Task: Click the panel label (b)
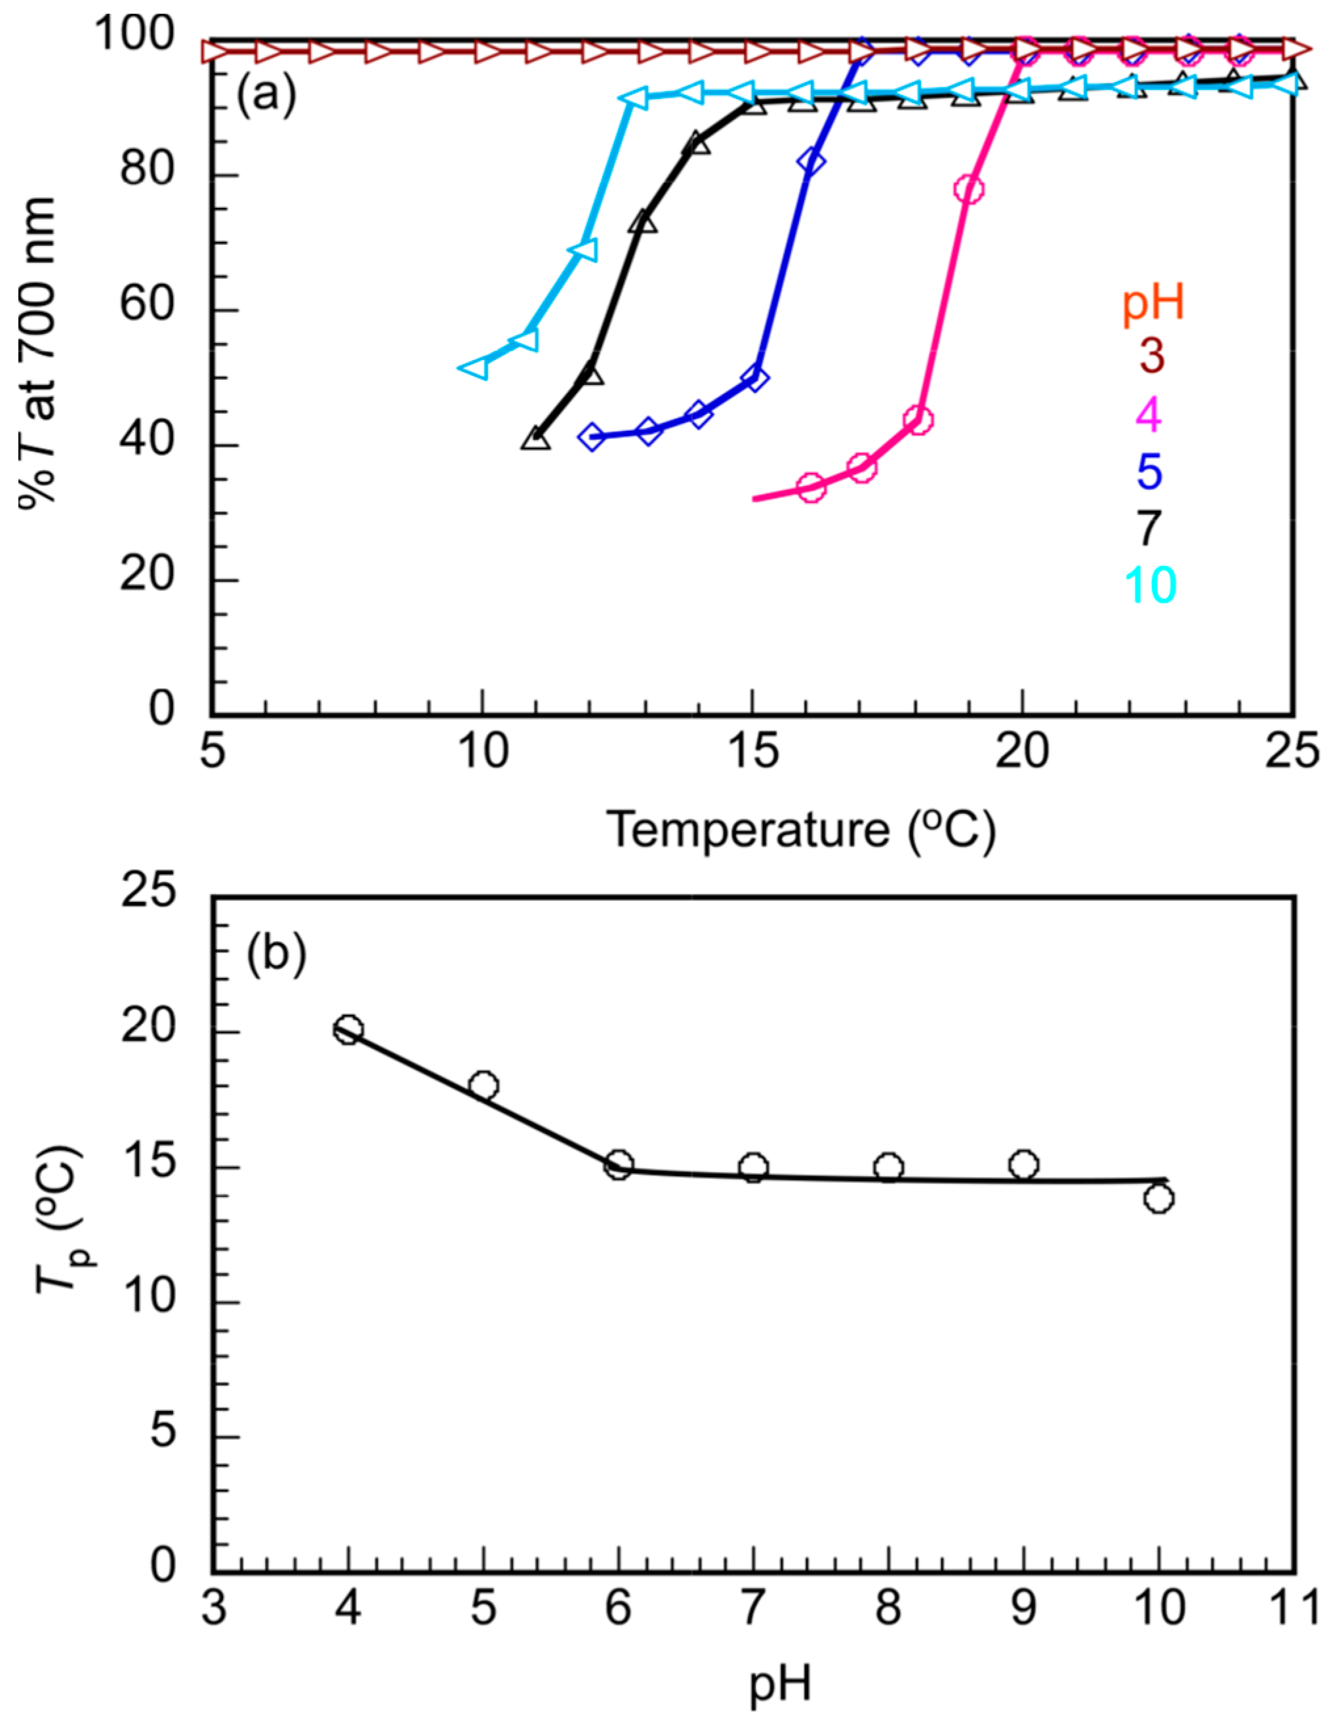pos(275,957)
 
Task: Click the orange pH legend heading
pos(1153,304)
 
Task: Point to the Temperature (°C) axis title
pos(800,830)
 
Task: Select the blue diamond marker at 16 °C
pos(810,161)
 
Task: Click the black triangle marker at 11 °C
pos(536,439)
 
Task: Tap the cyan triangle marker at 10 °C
pos(475,369)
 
